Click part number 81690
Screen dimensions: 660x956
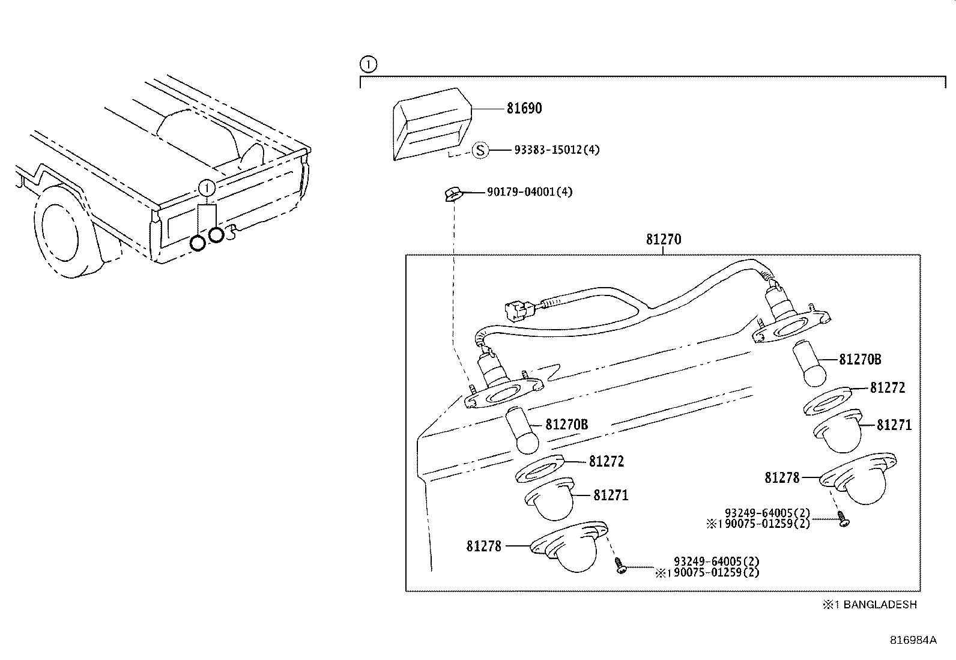coord(524,109)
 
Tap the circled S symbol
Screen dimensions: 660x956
coord(480,150)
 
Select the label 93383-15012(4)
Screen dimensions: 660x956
coord(557,150)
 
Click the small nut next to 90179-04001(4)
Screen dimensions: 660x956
coord(452,193)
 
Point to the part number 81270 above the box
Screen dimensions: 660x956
coord(664,239)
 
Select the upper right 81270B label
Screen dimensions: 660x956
coord(860,360)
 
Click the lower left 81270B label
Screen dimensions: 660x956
coord(566,425)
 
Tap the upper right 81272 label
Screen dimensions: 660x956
coord(887,388)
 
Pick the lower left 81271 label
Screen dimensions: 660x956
coord(611,495)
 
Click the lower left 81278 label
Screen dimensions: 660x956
coord(483,546)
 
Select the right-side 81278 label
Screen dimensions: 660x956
coord(782,478)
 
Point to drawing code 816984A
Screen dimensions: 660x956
coord(913,640)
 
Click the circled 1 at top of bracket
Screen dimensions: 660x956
coord(368,64)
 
